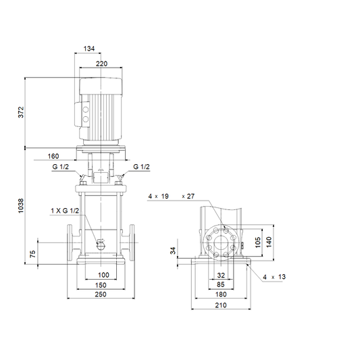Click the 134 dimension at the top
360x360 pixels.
coord(89,49)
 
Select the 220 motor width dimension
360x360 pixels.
coord(101,63)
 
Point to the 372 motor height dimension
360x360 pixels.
coord(21,112)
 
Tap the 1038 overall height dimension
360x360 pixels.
coord(21,206)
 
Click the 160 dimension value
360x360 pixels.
coord(53,156)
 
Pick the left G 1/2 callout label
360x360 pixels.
coord(60,167)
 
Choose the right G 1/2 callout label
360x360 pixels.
coord(141,167)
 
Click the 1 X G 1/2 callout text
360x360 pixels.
coord(65,211)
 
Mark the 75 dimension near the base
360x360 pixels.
coord(33,254)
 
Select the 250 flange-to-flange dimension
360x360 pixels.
coord(101,294)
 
